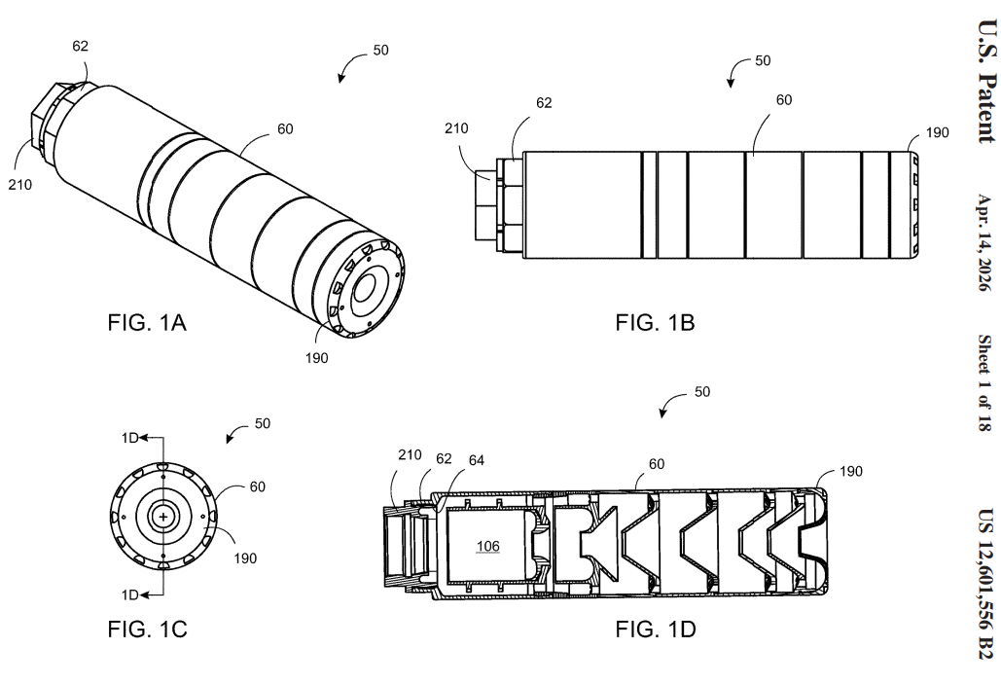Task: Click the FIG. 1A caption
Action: pyautogui.click(x=147, y=322)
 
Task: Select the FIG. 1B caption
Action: pyautogui.click(x=655, y=322)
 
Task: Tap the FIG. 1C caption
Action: pyautogui.click(x=148, y=630)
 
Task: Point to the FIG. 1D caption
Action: pyautogui.click(x=656, y=630)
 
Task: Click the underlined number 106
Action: pyautogui.click(x=487, y=546)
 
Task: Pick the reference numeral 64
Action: pyautogui.click(x=477, y=460)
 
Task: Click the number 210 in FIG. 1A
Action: pyautogui.click(x=19, y=185)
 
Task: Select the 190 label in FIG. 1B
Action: pyautogui.click(x=937, y=132)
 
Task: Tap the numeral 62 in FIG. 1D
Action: pyautogui.click(x=444, y=458)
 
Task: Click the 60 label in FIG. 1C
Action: pyautogui.click(x=257, y=486)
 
